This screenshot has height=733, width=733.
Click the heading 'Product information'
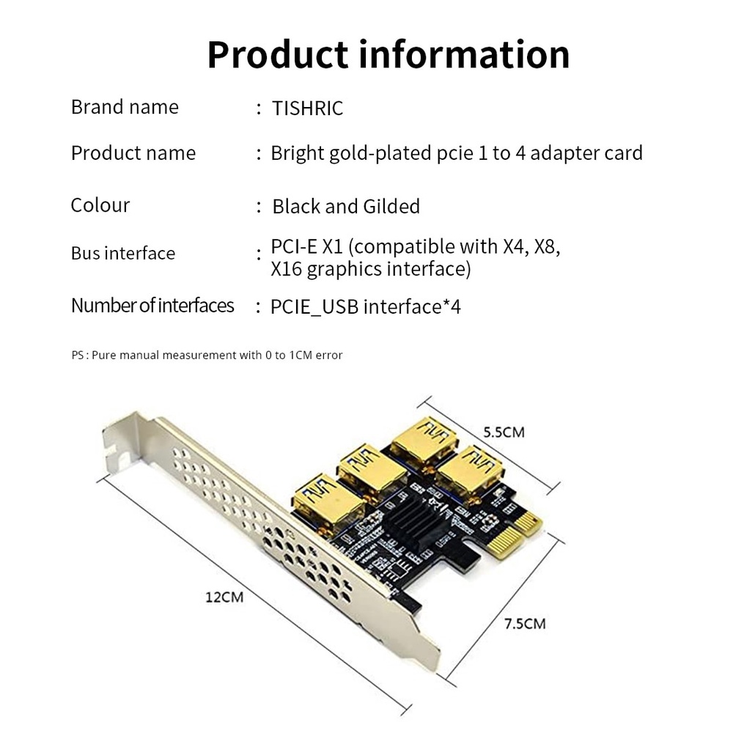click(x=388, y=54)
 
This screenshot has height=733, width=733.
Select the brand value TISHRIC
click(x=307, y=108)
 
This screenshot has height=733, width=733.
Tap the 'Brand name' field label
click(x=125, y=107)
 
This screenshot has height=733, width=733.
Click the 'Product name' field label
click(x=133, y=153)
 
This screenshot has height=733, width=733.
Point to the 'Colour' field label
click(x=100, y=205)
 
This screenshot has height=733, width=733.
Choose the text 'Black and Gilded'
click(x=346, y=207)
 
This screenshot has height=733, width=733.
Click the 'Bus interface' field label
click(x=123, y=254)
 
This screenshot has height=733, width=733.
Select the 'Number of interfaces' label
click(x=152, y=305)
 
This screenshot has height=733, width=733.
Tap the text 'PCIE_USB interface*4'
click(x=365, y=306)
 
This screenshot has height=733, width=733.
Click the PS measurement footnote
click(x=207, y=356)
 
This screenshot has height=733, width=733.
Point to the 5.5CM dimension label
click(x=504, y=432)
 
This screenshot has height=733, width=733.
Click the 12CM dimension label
click(x=224, y=597)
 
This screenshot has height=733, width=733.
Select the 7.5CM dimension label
click(x=525, y=624)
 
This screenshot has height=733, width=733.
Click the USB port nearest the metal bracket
click(x=328, y=499)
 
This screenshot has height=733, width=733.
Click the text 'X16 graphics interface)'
click(x=370, y=269)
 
